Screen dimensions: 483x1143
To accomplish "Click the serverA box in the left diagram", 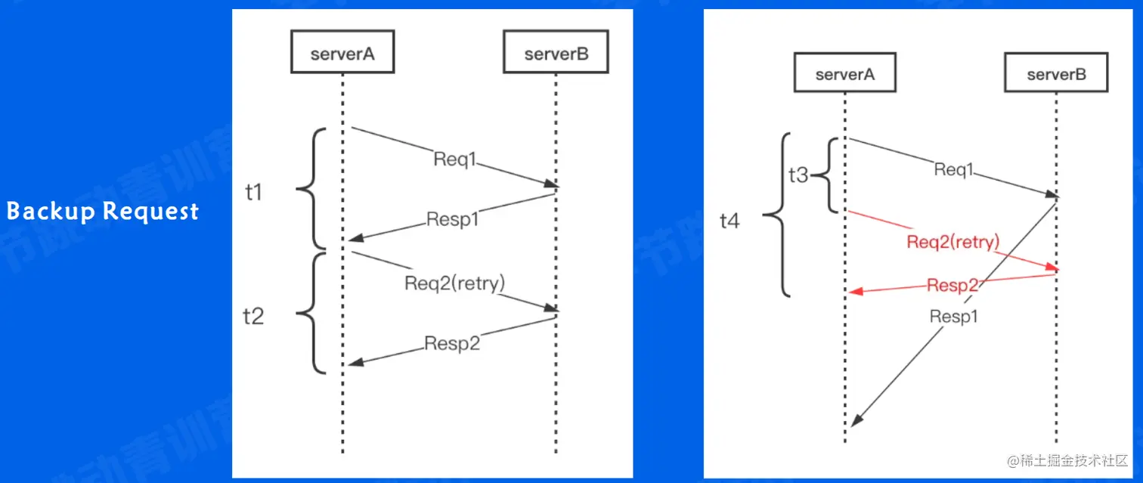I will coord(342,54).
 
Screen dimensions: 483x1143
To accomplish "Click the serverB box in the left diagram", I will coord(556,54).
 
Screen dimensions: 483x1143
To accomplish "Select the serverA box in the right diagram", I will coord(845,74).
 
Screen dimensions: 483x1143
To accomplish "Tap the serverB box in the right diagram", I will coord(1056,74).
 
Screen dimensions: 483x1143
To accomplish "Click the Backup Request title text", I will coord(103,211).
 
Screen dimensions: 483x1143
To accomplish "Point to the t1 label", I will coord(254,193).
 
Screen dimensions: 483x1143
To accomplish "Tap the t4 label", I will coord(730,221).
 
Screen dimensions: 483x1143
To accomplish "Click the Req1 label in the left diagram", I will coord(456,159).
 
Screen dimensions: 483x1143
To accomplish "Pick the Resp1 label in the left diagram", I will coord(452,219).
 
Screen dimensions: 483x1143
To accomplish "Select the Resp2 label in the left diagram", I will coord(452,342).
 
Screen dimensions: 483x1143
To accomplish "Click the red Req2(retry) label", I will coord(952,242).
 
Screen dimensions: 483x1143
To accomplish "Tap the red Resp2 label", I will coord(952,285).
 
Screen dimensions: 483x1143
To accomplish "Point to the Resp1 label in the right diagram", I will coord(953,317).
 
